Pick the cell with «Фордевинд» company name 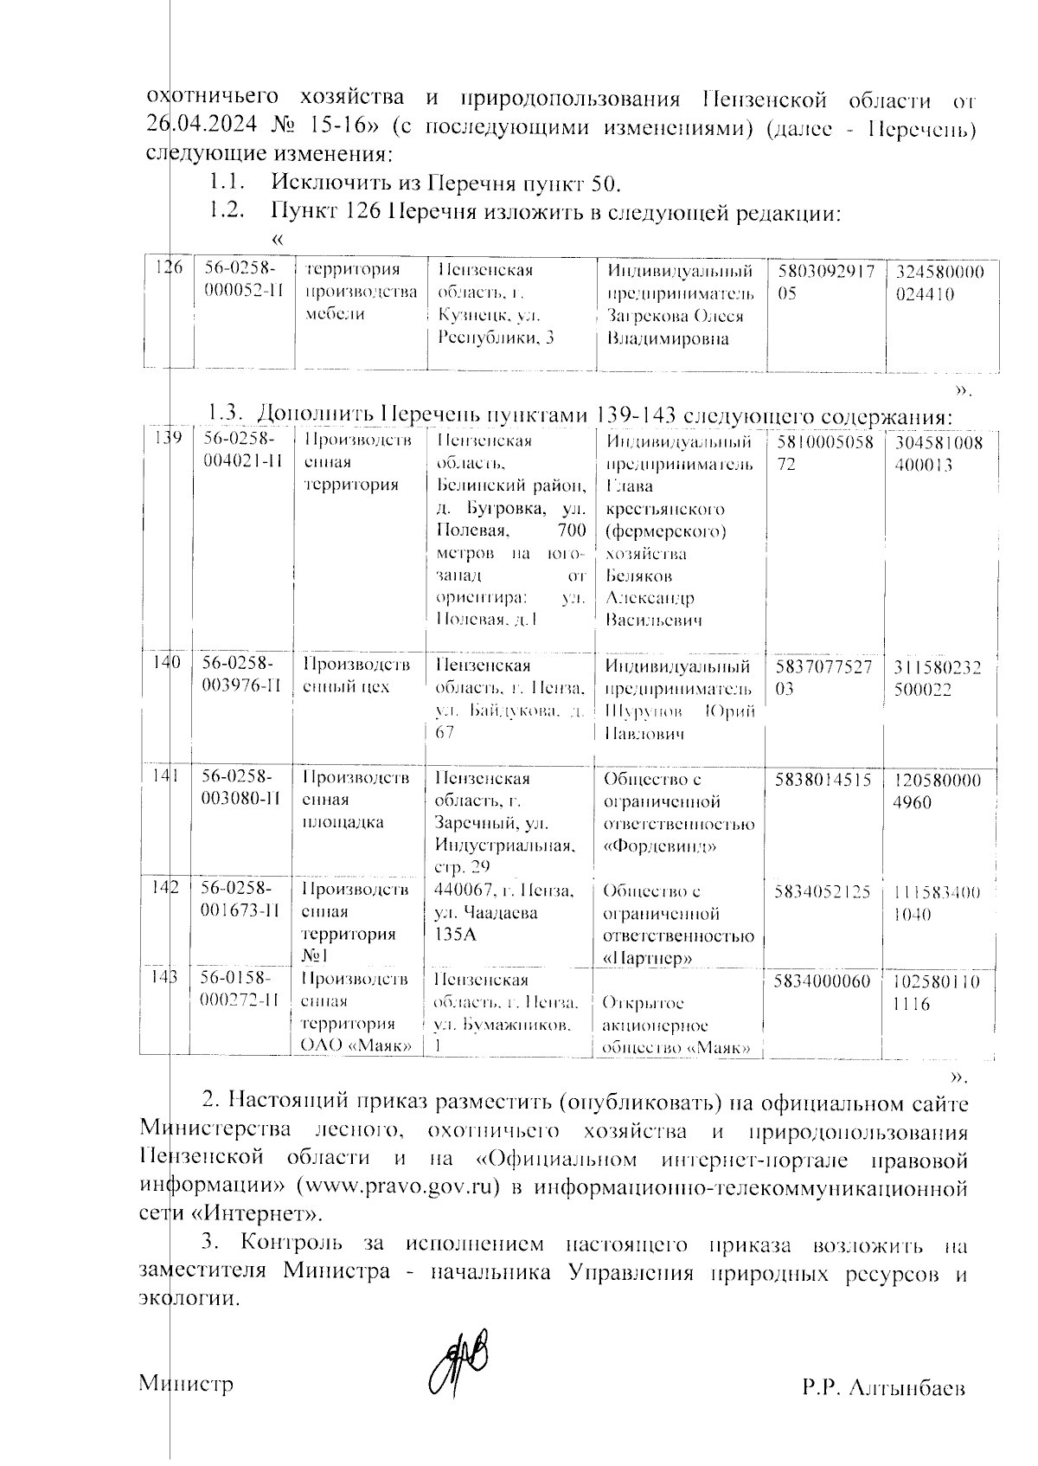click(678, 813)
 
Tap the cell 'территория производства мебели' click(361, 292)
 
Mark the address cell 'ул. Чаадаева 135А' click(503, 913)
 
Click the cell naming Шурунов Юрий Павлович click(678, 700)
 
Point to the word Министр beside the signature click(187, 1384)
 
